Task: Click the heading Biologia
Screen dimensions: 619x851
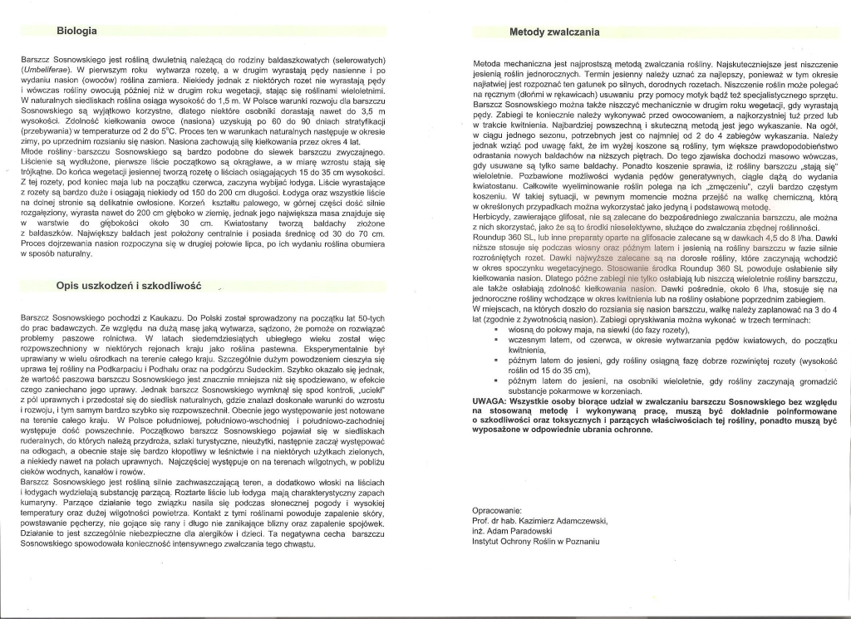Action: [77, 31]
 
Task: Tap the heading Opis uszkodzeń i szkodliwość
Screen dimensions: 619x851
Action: [129, 285]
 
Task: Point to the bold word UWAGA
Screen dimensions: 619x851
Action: [490, 400]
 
